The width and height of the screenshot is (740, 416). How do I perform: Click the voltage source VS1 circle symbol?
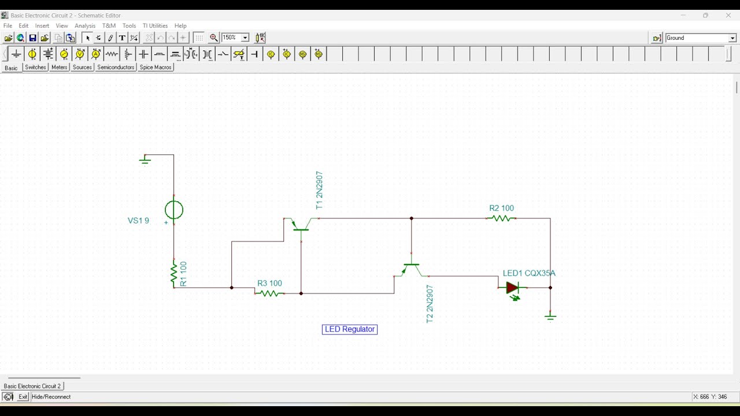pos(174,210)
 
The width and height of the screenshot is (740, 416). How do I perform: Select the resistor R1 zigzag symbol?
pos(173,274)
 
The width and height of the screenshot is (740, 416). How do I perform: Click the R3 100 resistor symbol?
pos(269,294)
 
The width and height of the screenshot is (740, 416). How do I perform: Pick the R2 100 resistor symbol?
pos(501,218)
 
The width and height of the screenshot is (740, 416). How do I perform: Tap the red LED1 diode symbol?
pos(512,288)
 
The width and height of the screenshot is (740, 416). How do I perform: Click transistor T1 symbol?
pos(301,226)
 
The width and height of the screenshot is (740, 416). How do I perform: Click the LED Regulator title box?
pos(350,329)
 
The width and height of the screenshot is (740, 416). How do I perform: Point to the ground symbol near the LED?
pos(550,316)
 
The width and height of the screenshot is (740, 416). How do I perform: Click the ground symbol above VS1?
pos(145,159)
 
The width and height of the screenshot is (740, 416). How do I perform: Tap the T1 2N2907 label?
pos(319,190)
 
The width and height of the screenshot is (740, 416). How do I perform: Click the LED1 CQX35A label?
pos(529,273)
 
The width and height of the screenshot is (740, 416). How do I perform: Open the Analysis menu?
pos(85,26)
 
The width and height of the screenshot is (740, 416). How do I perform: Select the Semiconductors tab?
pos(116,68)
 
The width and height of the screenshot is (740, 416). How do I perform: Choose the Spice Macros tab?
pos(156,68)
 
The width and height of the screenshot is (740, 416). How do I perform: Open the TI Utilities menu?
pos(155,26)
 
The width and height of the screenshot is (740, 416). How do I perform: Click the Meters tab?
pos(60,68)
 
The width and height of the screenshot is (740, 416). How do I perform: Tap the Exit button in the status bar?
pos(23,397)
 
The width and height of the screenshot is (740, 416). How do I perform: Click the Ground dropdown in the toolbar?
pos(701,38)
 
